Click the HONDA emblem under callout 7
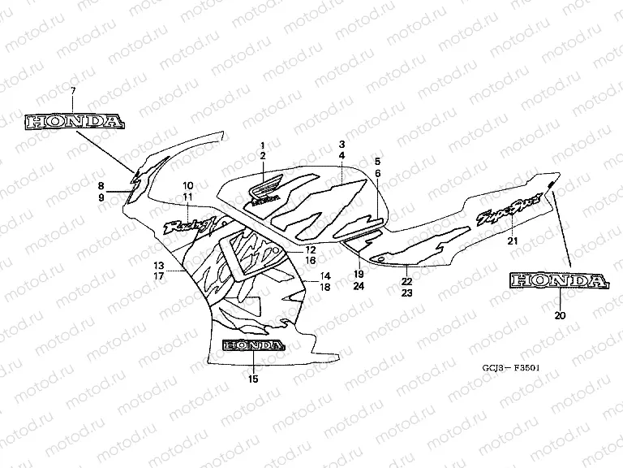tap(75, 123)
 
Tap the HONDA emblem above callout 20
tap(557, 281)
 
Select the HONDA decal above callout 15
tap(253, 344)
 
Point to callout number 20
tap(557, 314)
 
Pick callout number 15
tap(253, 379)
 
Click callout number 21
tap(512, 241)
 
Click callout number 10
tap(187, 185)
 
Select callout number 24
tap(359, 287)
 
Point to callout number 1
tap(263, 145)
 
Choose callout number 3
tap(342, 145)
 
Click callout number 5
tap(377, 162)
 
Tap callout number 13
tap(159, 265)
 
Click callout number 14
tap(324, 275)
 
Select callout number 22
tap(406, 281)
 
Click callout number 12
tap(311, 249)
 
